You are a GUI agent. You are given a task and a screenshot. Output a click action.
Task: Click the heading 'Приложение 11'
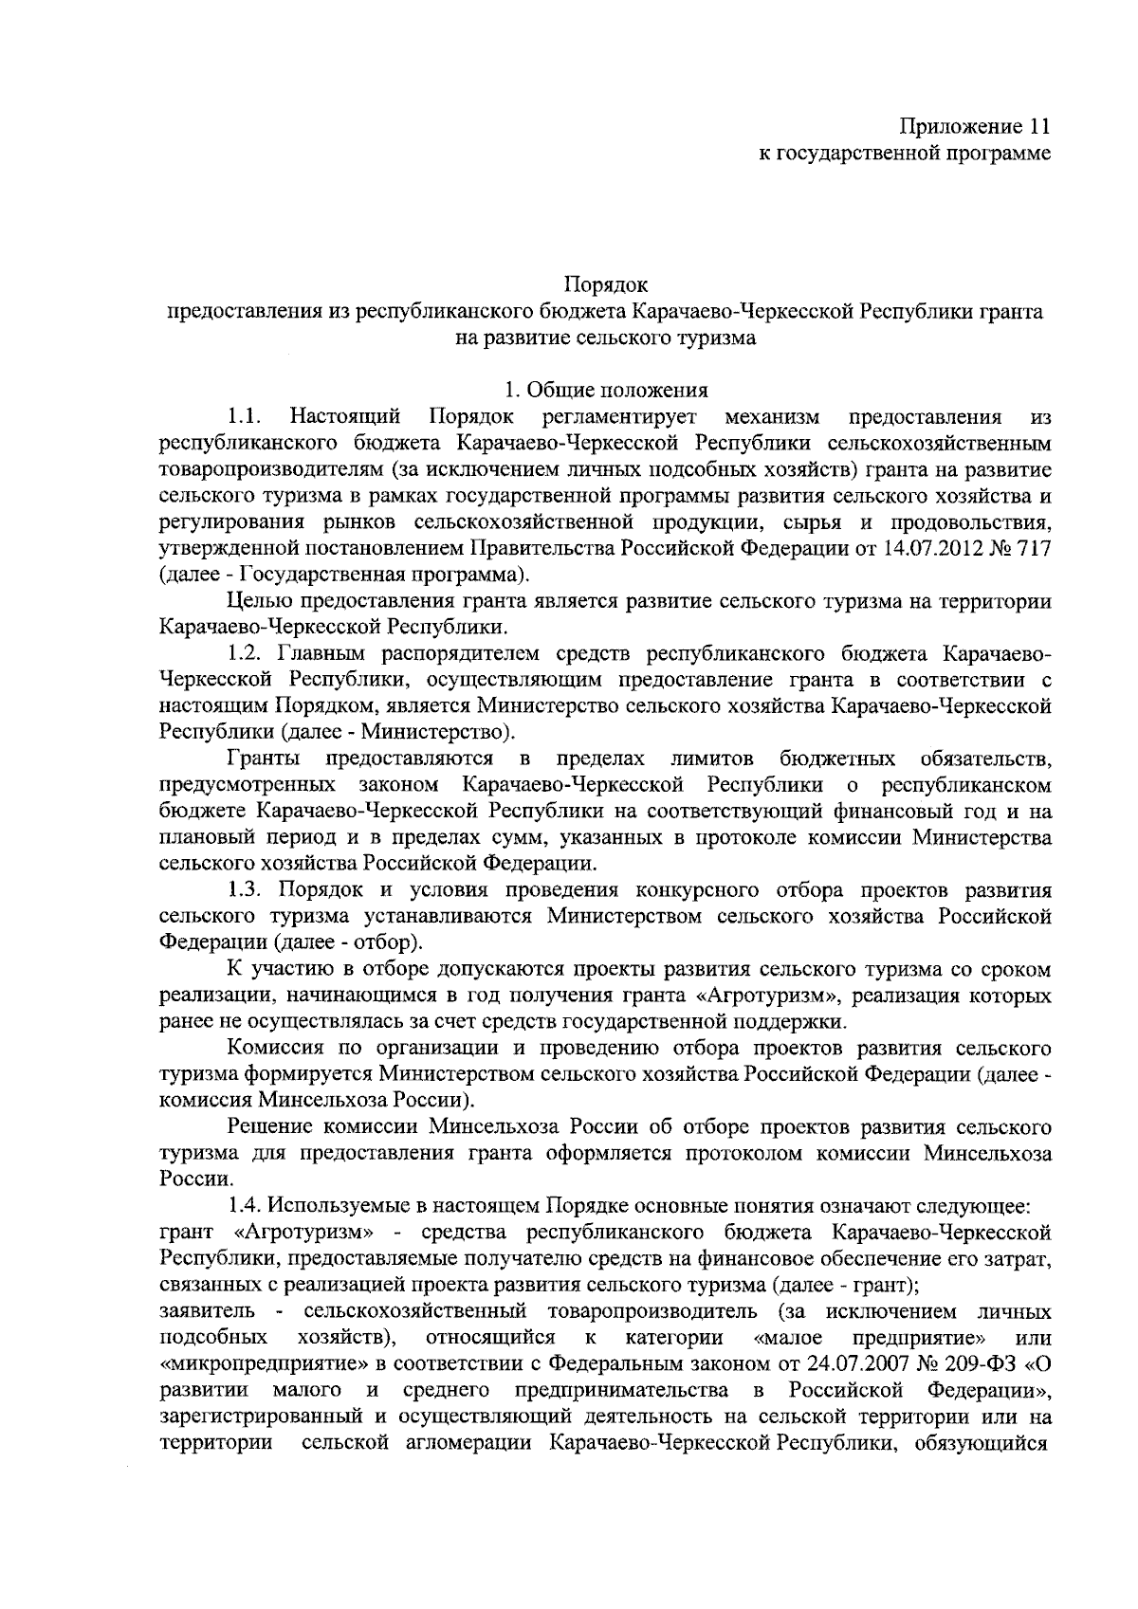coord(975,126)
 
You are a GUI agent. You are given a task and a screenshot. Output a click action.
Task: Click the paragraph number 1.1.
coord(245,416)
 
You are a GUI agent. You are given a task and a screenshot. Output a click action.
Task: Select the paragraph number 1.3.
coord(248,890)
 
